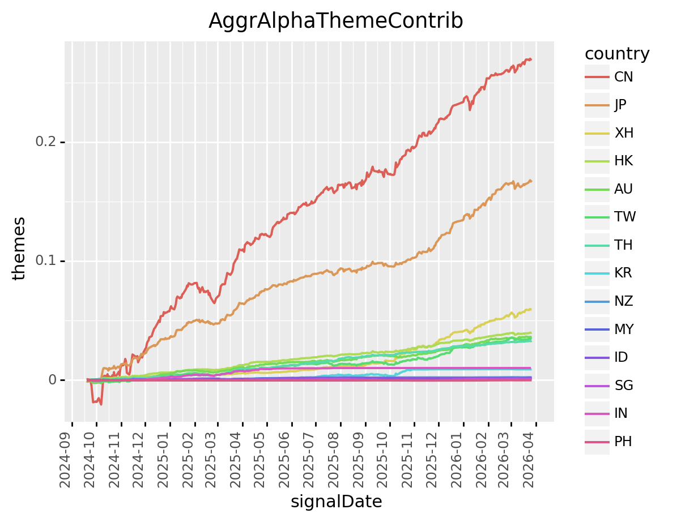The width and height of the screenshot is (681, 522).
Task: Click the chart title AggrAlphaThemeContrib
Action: [335, 21]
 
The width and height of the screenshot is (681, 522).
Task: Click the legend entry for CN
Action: [623, 77]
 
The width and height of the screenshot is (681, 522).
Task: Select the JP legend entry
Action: [621, 105]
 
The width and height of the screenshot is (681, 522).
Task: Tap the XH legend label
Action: [624, 133]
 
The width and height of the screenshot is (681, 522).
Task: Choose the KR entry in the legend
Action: [623, 273]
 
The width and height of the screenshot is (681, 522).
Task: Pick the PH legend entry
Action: [623, 442]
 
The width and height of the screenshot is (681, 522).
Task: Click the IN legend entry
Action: [621, 413]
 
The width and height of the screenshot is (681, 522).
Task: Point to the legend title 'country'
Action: [617, 54]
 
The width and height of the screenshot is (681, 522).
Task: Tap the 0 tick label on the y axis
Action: [52, 380]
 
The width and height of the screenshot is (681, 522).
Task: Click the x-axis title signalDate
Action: [336, 502]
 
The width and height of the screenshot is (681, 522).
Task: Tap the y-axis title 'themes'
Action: [19, 248]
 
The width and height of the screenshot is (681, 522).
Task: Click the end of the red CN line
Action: [530, 59]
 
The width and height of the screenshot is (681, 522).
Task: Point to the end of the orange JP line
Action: [531, 181]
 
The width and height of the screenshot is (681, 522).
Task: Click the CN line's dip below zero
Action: [100, 404]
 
